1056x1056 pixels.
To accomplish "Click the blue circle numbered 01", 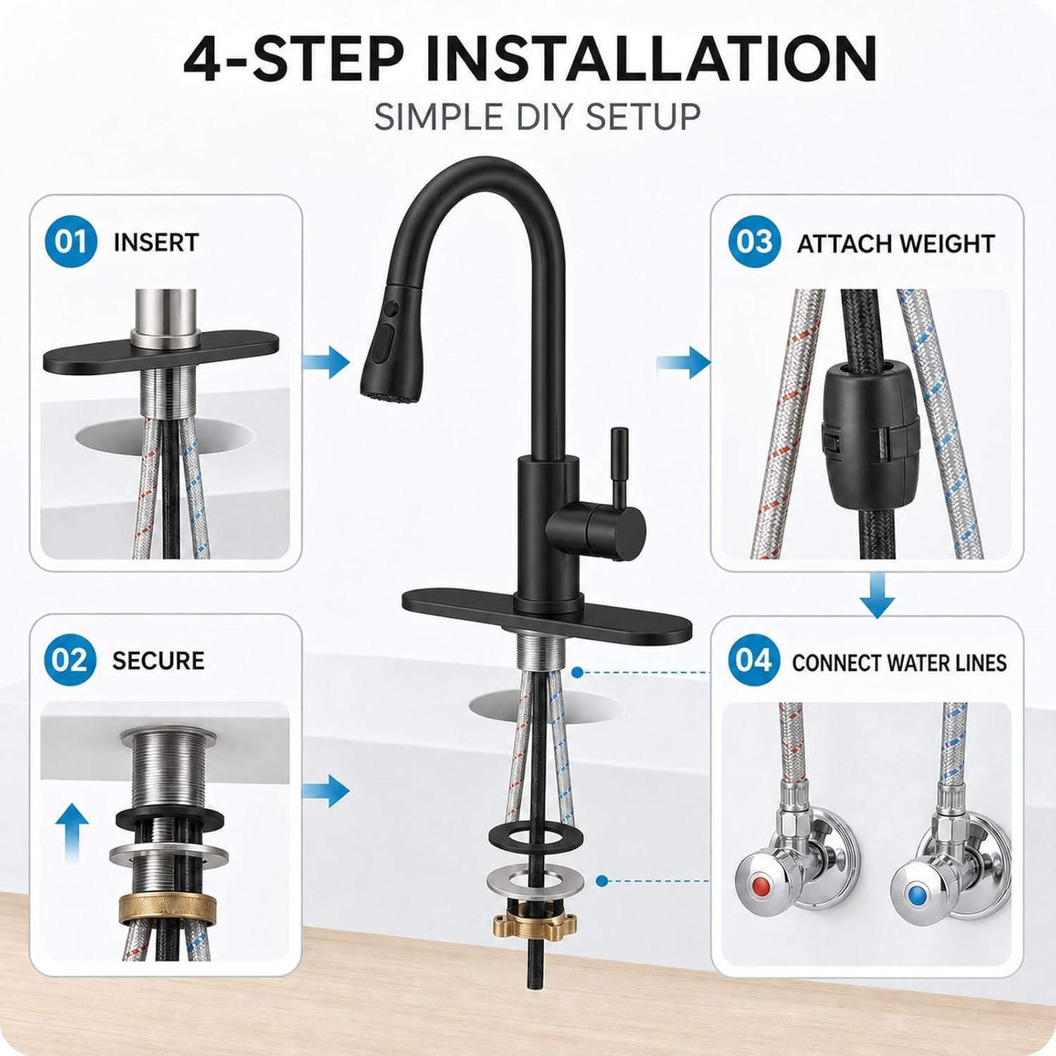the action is click(x=70, y=241).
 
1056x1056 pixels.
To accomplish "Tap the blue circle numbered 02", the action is click(x=70, y=660).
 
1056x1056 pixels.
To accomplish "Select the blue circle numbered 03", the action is click(x=755, y=242).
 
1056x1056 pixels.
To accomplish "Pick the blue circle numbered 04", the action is click(x=754, y=660).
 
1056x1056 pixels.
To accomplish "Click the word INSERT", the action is click(x=156, y=242).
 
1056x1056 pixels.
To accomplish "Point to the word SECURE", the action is click(x=158, y=660).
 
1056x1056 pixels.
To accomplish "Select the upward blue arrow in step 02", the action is click(x=72, y=834).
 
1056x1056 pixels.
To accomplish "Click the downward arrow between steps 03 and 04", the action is click(x=877, y=595).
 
